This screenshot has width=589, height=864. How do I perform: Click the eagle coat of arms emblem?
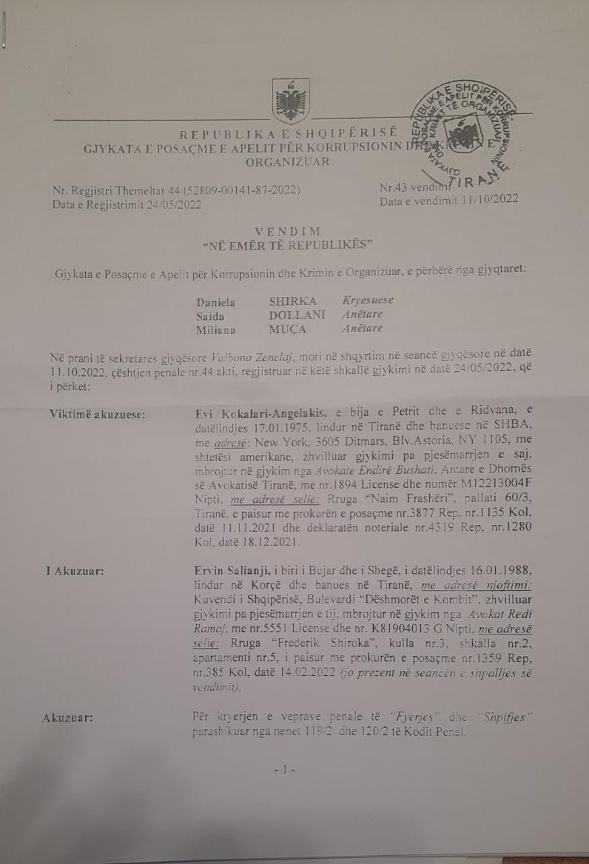click(291, 100)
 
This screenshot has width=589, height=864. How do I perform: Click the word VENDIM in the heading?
click(287, 232)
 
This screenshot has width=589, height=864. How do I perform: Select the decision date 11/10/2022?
click(487, 200)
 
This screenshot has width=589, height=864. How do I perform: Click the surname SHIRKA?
click(287, 300)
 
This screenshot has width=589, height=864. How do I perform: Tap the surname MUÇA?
click(284, 329)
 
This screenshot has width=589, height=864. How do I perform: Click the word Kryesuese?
click(368, 300)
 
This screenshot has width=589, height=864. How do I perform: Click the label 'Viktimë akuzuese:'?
click(98, 414)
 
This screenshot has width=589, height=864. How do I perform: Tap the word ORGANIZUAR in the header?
click(287, 161)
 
